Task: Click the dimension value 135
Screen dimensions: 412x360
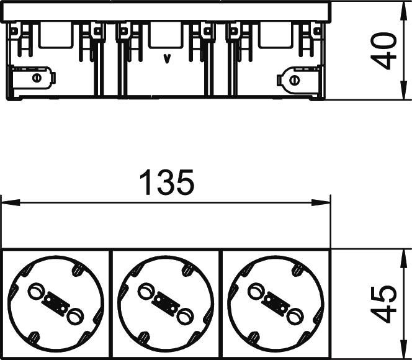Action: point(167,182)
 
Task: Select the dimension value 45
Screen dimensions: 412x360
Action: point(383,304)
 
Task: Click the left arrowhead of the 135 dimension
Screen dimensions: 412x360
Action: point(11,202)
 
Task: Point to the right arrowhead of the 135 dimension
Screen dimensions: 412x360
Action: point(321,202)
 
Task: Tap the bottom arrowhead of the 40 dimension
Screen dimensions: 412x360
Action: point(402,91)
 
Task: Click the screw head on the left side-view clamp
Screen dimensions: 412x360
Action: point(37,78)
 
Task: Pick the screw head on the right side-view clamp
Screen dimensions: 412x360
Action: point(294,80)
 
